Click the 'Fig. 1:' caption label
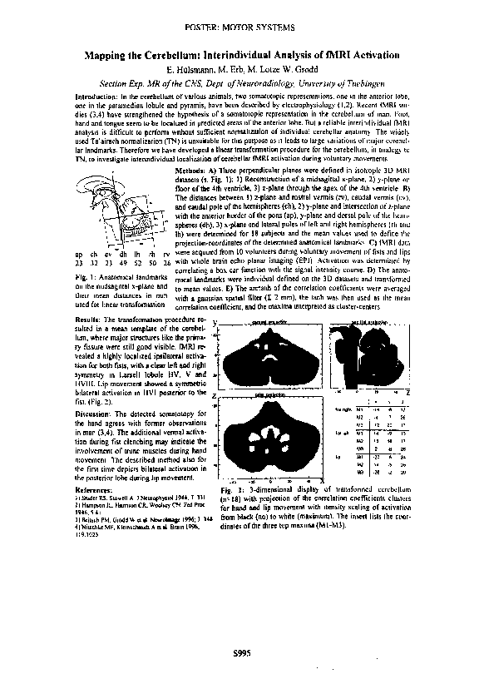(86, 276)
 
